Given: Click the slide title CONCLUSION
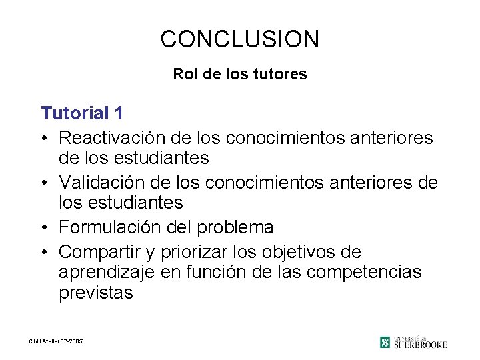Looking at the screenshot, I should [240, 39].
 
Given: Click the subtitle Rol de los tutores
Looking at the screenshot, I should [240, 74].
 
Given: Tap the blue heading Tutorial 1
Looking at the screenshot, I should [81, 112].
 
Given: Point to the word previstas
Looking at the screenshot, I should [96, 293].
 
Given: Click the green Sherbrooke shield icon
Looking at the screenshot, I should [385, 342].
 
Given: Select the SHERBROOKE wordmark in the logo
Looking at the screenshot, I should [420, 345].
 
